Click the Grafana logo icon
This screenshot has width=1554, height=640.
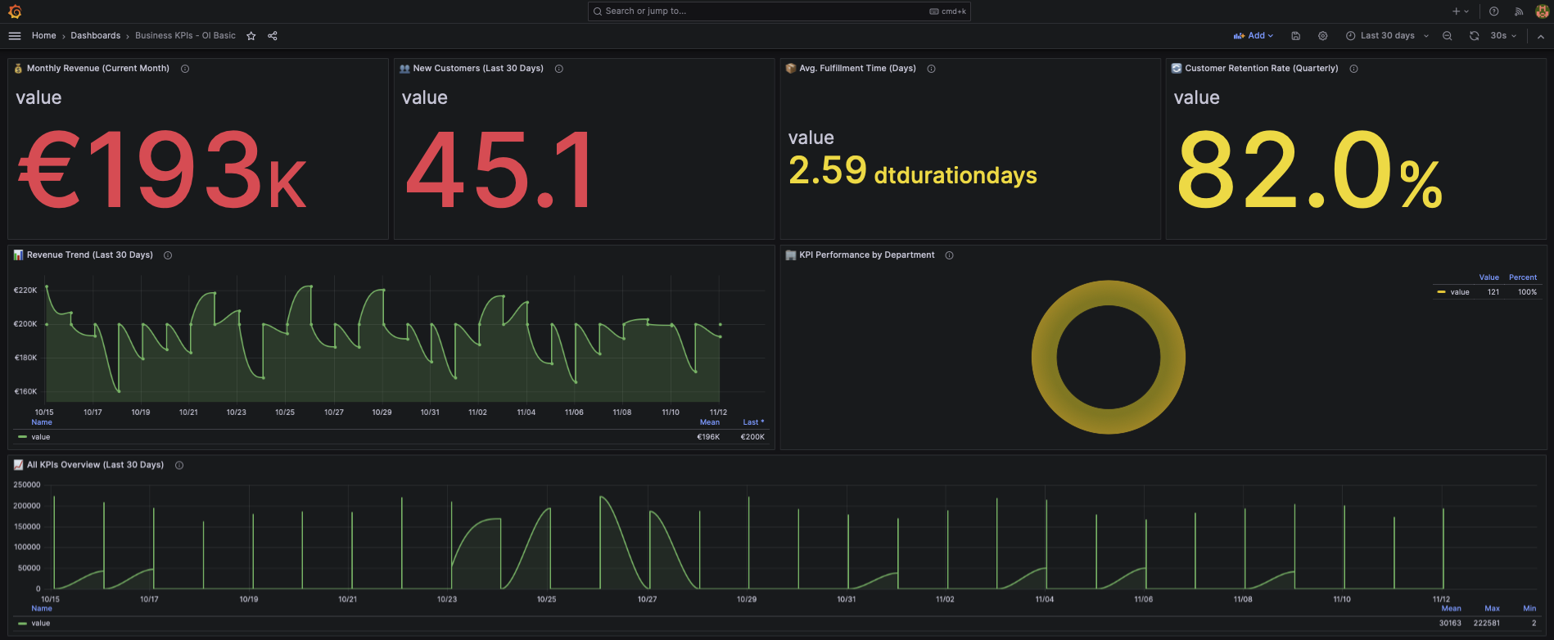click(15, 11)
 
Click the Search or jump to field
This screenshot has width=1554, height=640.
click(761, 11)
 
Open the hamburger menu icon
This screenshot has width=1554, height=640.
click(15, 36)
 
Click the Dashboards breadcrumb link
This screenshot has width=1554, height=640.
click(95, 36)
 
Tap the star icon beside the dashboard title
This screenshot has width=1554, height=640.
click(251, 36)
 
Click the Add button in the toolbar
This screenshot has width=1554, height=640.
click(1253, 36)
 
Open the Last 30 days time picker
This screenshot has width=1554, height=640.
click(1387, 36)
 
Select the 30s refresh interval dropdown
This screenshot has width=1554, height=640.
click(1502, 36)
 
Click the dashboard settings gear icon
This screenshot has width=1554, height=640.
click(1322, 36)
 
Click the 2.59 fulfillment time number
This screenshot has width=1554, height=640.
click(827, 171)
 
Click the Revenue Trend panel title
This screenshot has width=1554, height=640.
click(89, 255)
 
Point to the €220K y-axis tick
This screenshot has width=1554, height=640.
click(25, 291)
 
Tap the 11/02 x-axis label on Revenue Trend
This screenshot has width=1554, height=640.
click(477, 412)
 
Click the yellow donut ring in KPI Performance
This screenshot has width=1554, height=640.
click(1045, 358)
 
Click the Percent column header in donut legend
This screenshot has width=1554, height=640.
click(1522, 277)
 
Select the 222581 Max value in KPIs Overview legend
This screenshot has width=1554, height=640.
click(1486, 624)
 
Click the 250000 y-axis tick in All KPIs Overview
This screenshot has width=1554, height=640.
click(27, 485)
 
